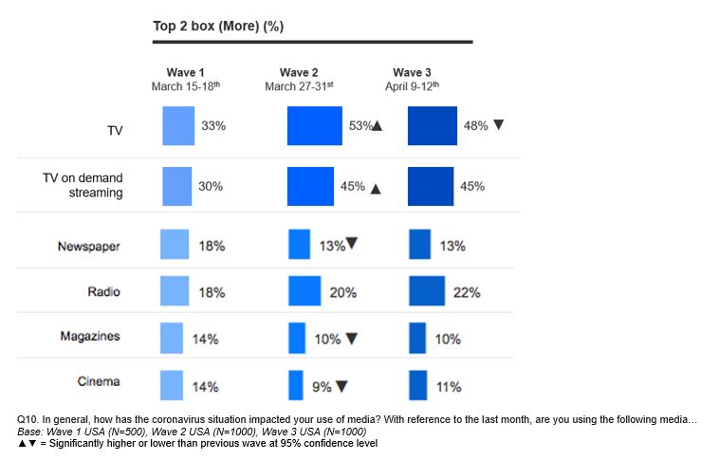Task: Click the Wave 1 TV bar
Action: pos(178,125)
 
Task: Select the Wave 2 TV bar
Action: pos(314,125)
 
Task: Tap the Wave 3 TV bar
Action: pos(433,125)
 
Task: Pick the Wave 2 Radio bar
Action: pos(304,291)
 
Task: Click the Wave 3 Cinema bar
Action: pos(417,386)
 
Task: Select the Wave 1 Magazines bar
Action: pos(171,339)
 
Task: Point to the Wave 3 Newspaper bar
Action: pos(419,245)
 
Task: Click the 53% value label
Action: pos(360,125)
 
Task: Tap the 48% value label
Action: pos(475,125)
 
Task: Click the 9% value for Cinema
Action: pos(321,387)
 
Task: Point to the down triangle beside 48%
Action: pos(499,124)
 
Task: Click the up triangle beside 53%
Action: pos(377,126)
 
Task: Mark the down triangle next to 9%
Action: pos(341,387)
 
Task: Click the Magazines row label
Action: pos(93,337)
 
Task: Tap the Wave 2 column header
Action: pos(299,72)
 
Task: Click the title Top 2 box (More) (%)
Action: pos(218,26)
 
